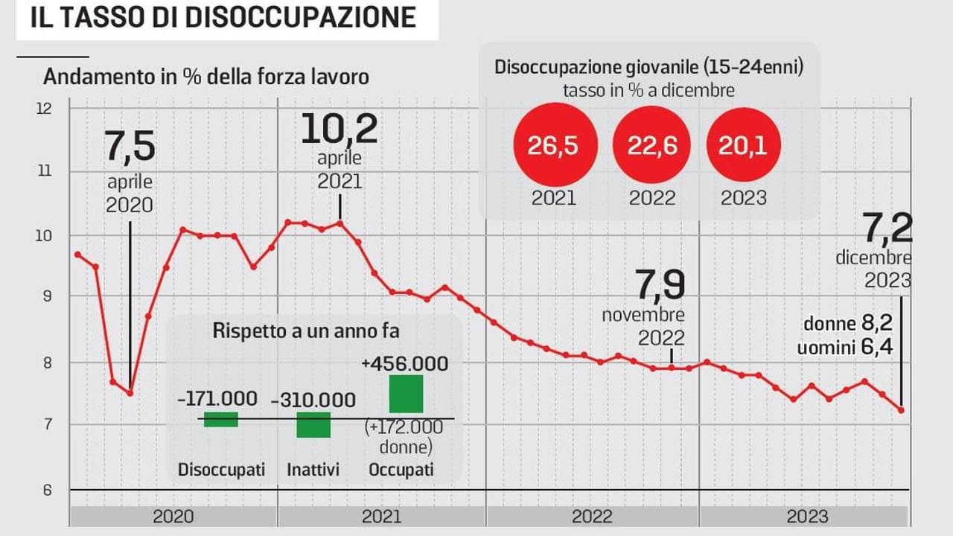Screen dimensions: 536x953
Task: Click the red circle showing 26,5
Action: (x=552, y=145)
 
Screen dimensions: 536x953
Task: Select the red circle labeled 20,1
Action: (x=743, y=145)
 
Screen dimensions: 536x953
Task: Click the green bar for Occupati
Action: (x=406, y=394)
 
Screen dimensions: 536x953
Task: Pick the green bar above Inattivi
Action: (x=313, y=425)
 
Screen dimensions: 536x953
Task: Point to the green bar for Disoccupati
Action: (x=221, y=419)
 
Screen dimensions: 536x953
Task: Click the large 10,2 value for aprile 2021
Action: (x=339, y=129)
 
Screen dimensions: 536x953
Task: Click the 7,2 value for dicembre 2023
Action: (x=887, y=228)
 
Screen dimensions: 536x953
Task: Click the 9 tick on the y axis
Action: (x=47, y=296)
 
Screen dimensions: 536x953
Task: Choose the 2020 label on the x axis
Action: (x=173, y=517)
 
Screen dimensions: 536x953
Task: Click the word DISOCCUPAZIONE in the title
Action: (x=299, y=17)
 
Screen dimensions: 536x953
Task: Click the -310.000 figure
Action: (x=313, y=401)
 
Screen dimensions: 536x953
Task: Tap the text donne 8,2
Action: (x=847, y=324)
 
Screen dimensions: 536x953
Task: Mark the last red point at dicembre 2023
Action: (x=902, y=410)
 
